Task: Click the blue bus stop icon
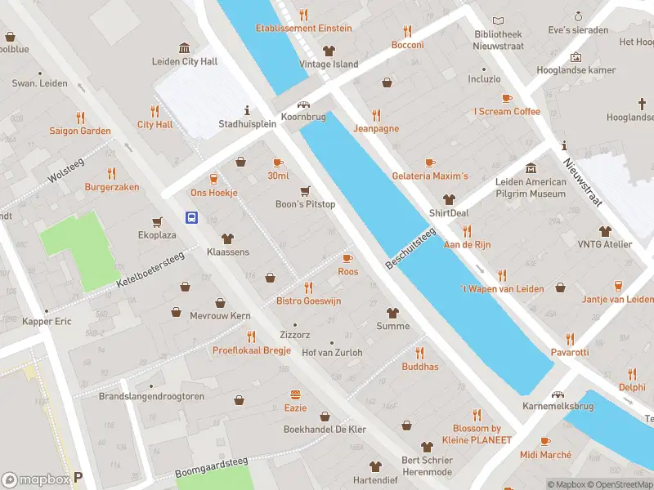click(x=191, y=217)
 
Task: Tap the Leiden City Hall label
click(x=185, y=61)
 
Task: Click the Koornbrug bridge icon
click(x=304, y=105)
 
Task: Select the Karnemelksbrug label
click(x=558, y=407)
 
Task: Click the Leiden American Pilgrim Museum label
click(x=531, y=188)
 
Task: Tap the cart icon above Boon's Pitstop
click(x=306, y=191)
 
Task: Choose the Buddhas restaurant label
click(x=420, y=367)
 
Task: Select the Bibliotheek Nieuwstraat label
click(x=498, y=40)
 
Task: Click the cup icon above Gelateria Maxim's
click(x=430, y=163)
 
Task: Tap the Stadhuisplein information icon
click(x=247, y=110)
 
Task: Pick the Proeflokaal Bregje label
click(x=252, y=350)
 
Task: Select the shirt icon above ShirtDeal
click(x=449, y=199)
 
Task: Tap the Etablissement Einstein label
click(x=304, y=28)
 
